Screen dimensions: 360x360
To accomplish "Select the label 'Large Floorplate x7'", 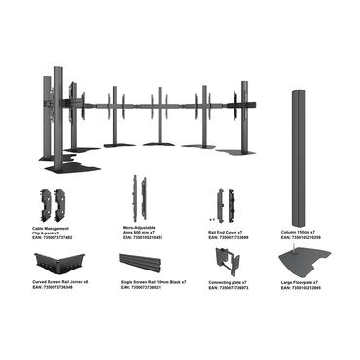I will (301, 282).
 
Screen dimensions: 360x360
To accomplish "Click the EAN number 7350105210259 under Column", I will (303, 237).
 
